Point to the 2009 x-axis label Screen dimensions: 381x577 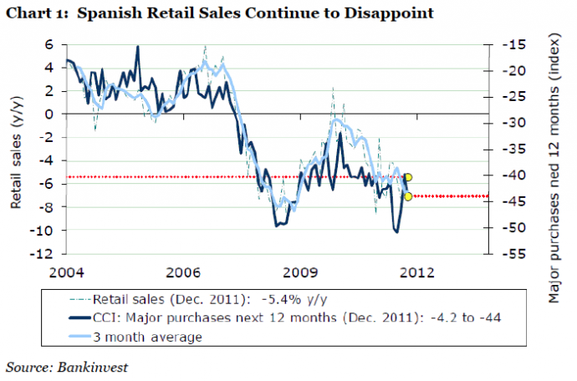click(x=300, y=272)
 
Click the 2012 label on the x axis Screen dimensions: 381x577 click(x=416, y=272)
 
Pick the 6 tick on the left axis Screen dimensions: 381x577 click(x=49, y=44)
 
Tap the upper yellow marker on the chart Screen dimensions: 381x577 click(x=408, y=177)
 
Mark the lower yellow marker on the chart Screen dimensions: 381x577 click(x=408, y=196)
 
